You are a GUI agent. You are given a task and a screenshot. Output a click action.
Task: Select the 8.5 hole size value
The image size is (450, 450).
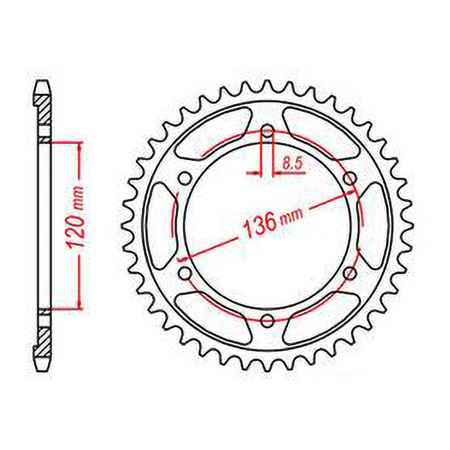(292, 164)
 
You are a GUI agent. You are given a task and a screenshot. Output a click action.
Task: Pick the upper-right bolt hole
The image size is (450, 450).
(350, 179)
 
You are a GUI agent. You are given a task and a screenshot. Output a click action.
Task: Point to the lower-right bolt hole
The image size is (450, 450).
(349, 274)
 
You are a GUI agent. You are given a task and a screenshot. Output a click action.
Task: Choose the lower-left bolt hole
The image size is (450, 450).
(184, 274)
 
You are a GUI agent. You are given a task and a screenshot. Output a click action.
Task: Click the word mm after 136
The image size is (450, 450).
(292, 216)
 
